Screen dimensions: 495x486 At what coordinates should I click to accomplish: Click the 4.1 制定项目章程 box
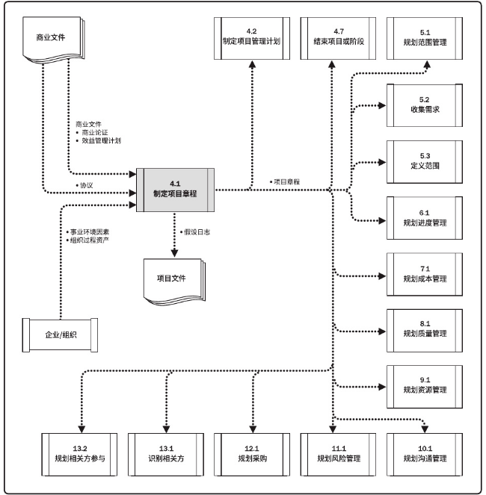(x=175, y=189)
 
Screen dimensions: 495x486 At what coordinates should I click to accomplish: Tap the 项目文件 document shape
(x=172, y=278)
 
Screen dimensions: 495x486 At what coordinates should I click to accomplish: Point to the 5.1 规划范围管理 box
(x=424, y=37)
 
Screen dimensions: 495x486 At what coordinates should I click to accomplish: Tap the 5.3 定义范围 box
(x=424, y=160)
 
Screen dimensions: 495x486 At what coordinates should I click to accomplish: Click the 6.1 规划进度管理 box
(x=424, y=217)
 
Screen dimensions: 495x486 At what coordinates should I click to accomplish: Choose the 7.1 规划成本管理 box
(x=424, y=273)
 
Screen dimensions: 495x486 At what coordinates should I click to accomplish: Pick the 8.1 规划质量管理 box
(x=424, y=329)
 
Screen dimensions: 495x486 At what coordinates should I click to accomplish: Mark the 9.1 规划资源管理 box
(x=424, y=385)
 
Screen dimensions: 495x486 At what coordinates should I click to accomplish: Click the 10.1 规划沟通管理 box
(x=424, y=452)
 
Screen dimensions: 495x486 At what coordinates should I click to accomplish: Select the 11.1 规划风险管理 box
(x=333, y=452)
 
